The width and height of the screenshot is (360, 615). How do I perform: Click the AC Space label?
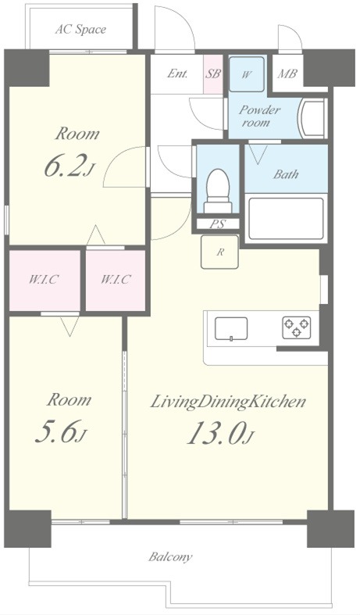coord(80,30)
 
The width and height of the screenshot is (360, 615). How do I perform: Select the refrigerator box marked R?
coord(219,252)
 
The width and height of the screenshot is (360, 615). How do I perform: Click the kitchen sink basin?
coord(231,329)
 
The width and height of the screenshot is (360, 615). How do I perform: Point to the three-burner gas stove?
coord(297,327)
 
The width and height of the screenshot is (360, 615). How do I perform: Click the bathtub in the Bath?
coord(287,219)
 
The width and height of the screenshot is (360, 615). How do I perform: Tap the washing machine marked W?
coord(246,74)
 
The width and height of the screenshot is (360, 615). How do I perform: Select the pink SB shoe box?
coord(213,74)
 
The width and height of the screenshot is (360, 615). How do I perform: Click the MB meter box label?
coord(287,73)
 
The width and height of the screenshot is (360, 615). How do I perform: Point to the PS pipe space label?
coord(218,224)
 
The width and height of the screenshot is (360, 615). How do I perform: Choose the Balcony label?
coord(170,557)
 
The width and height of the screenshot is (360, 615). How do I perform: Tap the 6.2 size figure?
coord(65,166)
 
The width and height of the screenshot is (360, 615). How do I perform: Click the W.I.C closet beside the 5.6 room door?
coord(45,281)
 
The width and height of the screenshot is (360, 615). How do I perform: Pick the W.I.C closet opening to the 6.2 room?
coord(116,281)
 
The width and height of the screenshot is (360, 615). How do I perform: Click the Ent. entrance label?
coord(177,73)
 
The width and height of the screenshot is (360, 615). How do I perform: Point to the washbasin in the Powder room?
coord(312,118)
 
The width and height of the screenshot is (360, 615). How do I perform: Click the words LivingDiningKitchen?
coord(228,402)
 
